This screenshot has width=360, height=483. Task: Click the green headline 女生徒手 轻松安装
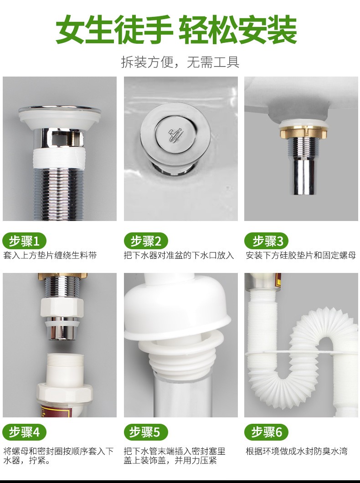[176, 30]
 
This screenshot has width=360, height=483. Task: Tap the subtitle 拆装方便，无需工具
[180, 62]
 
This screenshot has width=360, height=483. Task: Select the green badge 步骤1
[24, 241]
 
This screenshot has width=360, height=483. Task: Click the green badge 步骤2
[146, 241]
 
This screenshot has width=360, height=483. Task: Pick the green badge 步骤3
[267, 241]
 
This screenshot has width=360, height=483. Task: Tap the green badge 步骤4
[24, 432]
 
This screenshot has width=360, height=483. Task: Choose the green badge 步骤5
[146, 432]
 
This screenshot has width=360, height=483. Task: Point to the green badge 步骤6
[267, 432]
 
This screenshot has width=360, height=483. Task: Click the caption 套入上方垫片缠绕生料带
[50, 255]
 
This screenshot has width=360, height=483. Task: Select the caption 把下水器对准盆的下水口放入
[179, 255]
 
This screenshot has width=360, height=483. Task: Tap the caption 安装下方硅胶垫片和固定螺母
[301, 255]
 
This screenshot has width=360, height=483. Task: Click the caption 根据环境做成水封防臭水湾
[297, 451]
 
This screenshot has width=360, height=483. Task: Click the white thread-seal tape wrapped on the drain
[58, 159]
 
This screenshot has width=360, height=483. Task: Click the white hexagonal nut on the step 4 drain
[62, 308]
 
